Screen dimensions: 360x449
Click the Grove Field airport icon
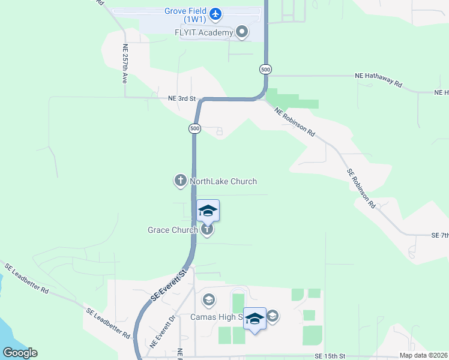pyautogui.click(x=215, y=13)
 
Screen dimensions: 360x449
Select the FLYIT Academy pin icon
pyautogui.click(x=242, y=32)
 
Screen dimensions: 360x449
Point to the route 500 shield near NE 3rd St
pyautogui.click(x=194, y=128)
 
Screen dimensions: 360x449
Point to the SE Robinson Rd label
pyautogui.click(x=361, y=188)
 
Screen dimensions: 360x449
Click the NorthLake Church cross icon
pyautogui.click(x=180, y=181)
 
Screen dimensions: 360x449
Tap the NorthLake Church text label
pyautogui.click(x=223, y=181)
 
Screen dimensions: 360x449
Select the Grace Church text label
pyautogui.click(x=173, y=230)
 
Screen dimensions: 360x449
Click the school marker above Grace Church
pyautogui.click(x=208, y=211)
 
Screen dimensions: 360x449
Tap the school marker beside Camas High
pyautogui.click(x=255, y=319)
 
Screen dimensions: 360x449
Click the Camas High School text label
pyautogui.click(x=216, y=317)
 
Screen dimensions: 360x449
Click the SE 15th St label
pyautogui.click(x=331, y=356)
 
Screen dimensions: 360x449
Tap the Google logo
pyautogui.click(x=20, y=353)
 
